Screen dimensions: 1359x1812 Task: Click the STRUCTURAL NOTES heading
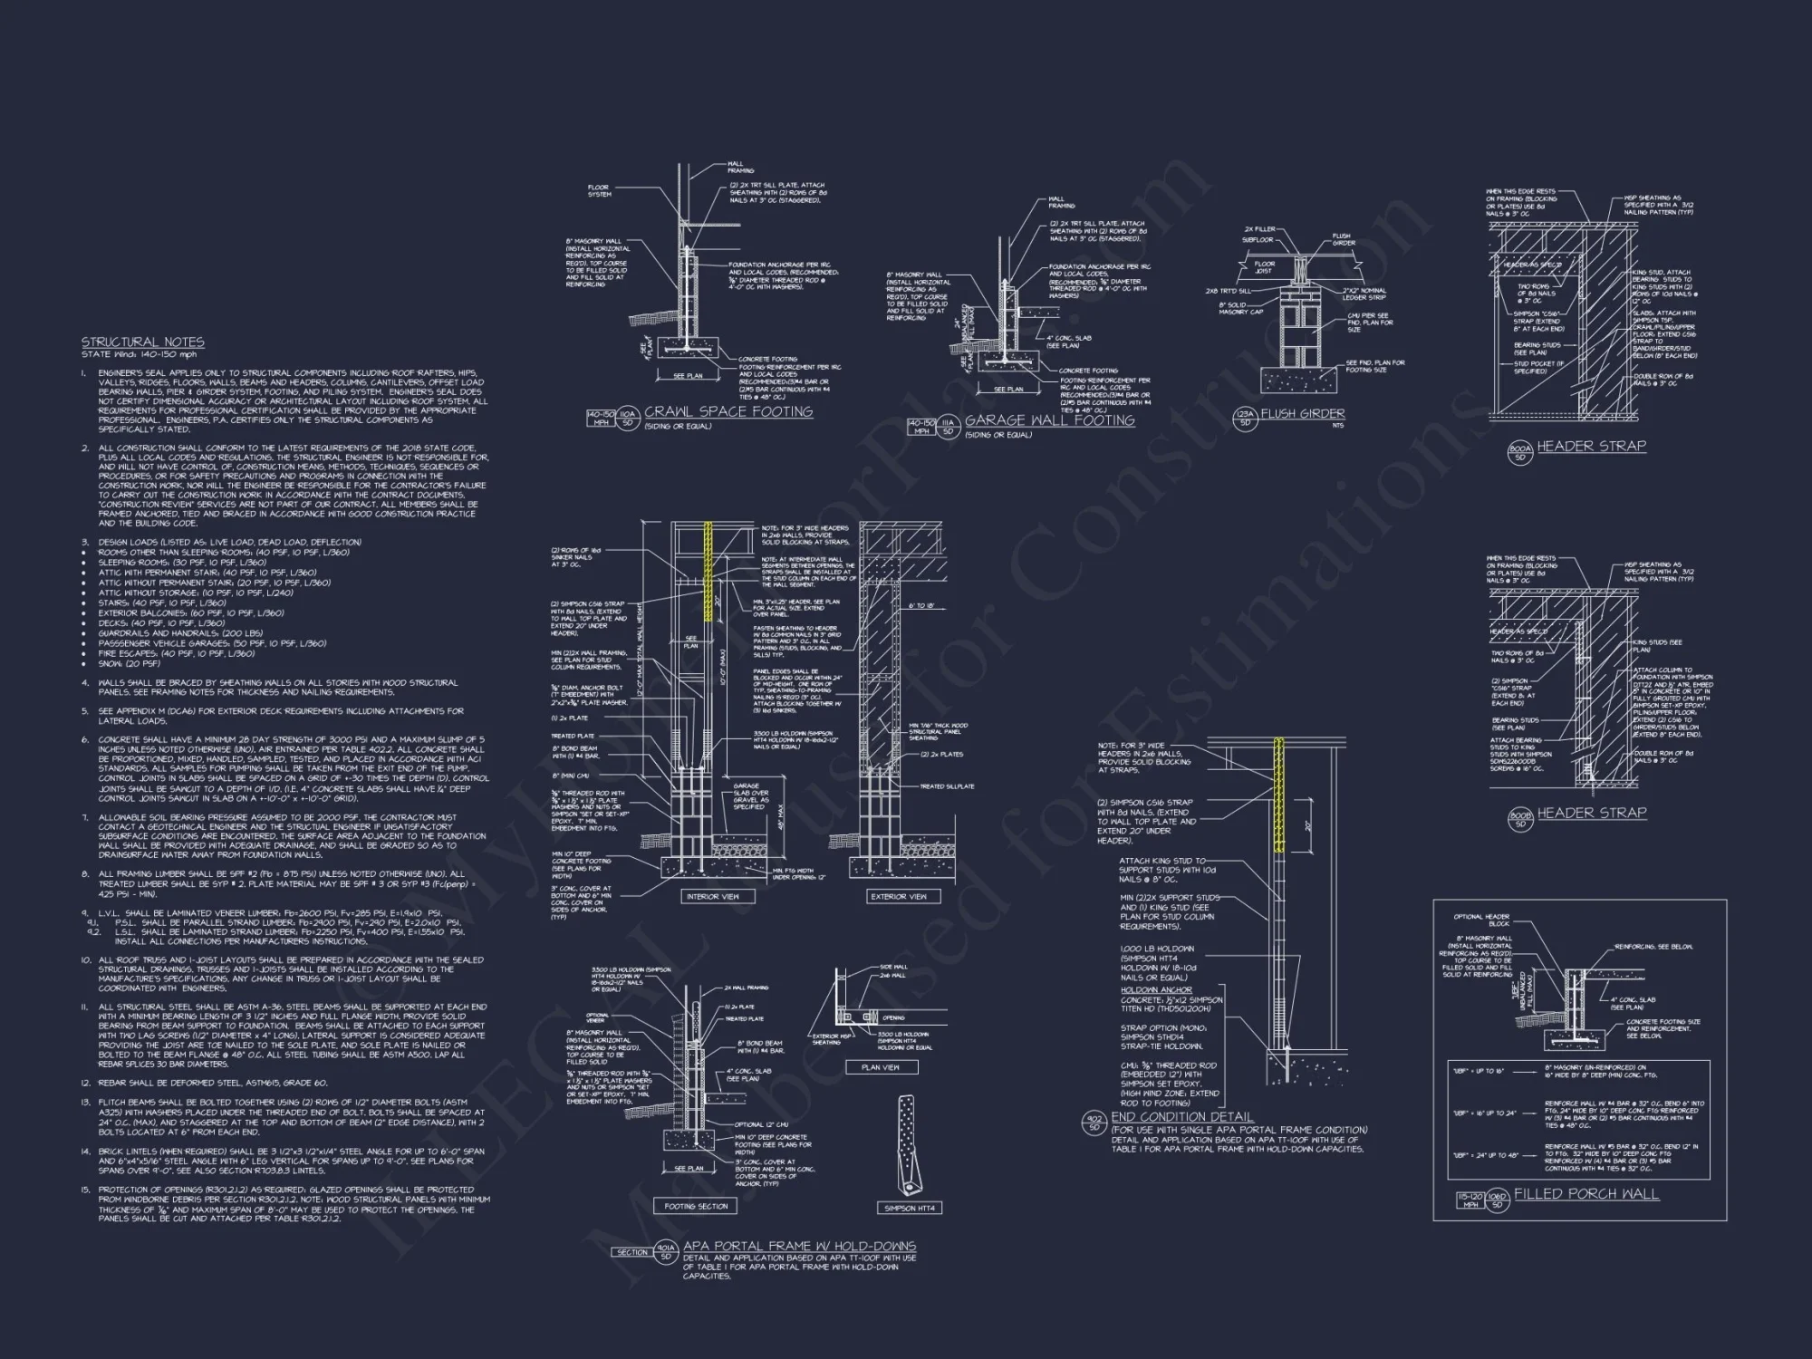point(143,342)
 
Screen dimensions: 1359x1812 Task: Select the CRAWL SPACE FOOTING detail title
point(728,411)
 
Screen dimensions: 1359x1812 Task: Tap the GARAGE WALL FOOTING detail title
point(1049,420)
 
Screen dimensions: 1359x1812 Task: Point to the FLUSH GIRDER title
point(1302,413)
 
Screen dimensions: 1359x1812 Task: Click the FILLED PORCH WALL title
point(1586,1194)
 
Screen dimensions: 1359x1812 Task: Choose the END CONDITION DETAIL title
point(1182,1117)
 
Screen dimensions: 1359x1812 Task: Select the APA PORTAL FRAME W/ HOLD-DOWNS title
point(799,1246)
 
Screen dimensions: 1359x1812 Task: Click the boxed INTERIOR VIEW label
point(713,896)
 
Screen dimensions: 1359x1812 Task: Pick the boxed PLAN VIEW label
point(880,1067)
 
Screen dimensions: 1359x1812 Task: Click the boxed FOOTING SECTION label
point(696,1206)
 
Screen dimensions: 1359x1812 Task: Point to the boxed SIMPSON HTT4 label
point(910,1208)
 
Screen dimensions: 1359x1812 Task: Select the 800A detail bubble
point(1519,451)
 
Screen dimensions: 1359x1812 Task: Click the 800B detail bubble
point(1519,818)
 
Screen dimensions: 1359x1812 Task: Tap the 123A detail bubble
point(1245,417)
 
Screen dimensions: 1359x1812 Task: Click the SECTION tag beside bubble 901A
point(631,1252)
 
